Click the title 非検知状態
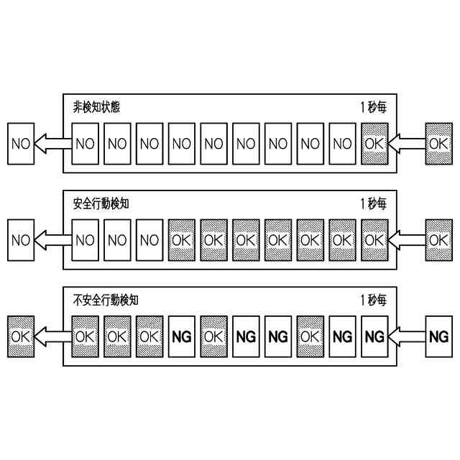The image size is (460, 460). [96, 107]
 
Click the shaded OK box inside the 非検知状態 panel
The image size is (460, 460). [374, 143]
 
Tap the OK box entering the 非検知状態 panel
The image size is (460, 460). [438, 143]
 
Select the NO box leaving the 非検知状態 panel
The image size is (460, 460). [22, 143]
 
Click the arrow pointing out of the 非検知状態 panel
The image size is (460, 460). [53, 143]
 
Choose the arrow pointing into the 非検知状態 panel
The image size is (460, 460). [405, 143]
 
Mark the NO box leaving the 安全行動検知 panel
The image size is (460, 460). [22, 239]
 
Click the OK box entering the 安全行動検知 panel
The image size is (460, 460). [438, 239]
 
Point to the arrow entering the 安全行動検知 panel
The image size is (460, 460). [405, 239]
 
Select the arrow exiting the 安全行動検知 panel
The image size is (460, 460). [53, 239]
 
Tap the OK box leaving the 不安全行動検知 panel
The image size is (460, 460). [22, 336]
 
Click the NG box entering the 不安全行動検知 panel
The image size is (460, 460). [438, 336]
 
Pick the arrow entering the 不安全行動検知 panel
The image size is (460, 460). [405, 336]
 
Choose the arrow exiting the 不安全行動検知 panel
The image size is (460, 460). [53, 336]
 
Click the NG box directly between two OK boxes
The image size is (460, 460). [182, 336]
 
